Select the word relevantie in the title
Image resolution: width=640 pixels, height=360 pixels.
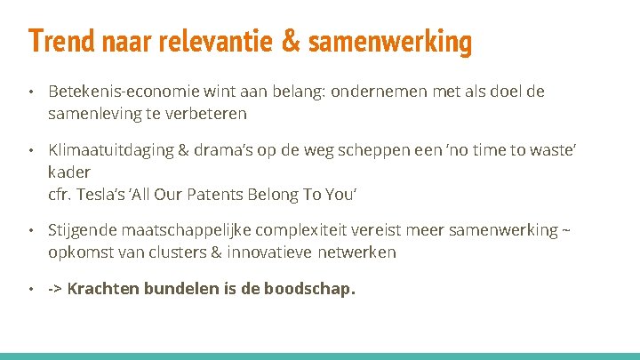pos(212,41)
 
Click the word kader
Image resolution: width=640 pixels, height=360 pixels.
pos(69,171)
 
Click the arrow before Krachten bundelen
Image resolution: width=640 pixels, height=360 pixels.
pos(55,289)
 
